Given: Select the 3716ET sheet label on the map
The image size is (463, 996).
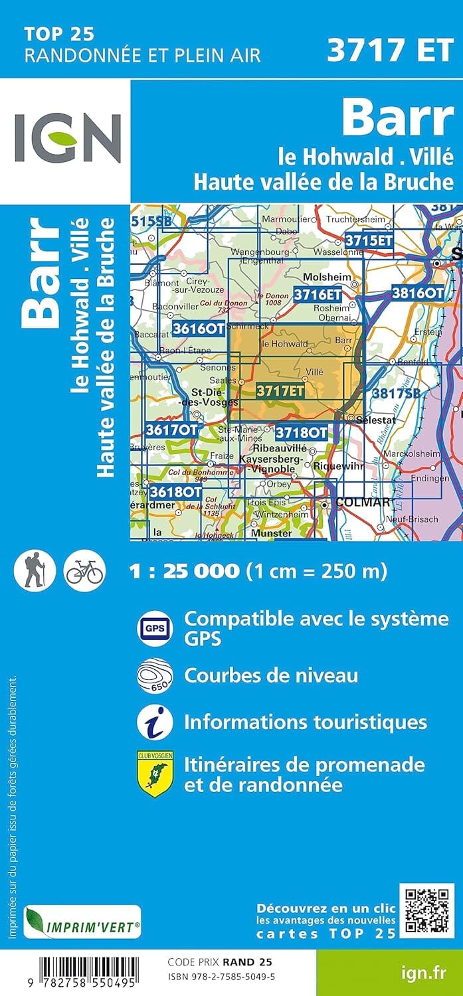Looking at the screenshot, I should click(x=318, y=293).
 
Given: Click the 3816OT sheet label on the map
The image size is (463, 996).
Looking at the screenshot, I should click(x=417, y=292).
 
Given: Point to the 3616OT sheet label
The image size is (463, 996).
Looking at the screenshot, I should click(x=197, y=328).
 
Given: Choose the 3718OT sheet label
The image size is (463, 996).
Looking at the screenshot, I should click(x=301, y=433).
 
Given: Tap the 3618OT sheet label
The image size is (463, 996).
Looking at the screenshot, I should click(x=175, y=492).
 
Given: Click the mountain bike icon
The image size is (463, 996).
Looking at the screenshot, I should click(x=84, y=570).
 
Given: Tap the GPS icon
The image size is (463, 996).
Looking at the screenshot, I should click(x=155, y=627).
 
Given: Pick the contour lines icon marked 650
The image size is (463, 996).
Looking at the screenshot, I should click(x=155, y=676).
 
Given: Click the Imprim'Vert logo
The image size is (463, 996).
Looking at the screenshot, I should click(x=82, y=923).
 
